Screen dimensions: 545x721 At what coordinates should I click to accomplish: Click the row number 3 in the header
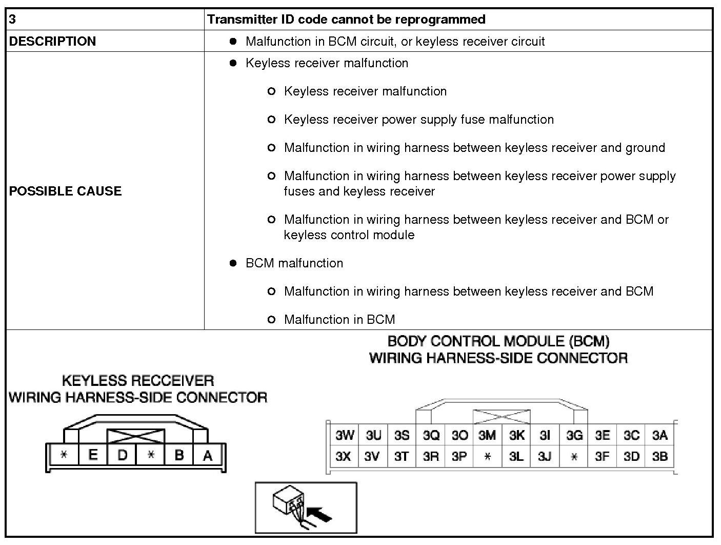click(13, 20)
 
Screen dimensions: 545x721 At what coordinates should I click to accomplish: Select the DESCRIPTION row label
click(52, 41)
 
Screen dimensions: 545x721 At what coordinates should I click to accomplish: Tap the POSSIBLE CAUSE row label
click(65, 191)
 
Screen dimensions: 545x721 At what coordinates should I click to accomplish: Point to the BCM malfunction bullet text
click(294, 263)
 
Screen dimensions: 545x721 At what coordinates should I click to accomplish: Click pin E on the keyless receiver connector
click(93, 455)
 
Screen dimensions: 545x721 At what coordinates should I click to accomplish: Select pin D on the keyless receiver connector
click(122, 455)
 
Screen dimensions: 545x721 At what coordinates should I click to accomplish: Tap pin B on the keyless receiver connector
click(179, 455)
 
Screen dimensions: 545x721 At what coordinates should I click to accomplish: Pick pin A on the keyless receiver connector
click(208, 455)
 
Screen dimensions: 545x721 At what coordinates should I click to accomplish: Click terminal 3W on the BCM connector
click(345, 436)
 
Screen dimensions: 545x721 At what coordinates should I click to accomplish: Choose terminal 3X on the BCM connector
click(344, 456)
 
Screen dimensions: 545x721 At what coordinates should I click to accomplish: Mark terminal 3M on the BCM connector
click(487, 436)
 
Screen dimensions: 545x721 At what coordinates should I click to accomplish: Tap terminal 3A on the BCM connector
click(660, 436)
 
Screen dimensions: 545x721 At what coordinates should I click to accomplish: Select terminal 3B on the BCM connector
click(660, 456)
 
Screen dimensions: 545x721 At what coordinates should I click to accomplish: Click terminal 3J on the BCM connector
click(545, 456)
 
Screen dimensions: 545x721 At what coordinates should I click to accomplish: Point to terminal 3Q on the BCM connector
click(431, 436)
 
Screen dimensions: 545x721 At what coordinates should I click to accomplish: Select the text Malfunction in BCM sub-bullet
click(339, 320)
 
